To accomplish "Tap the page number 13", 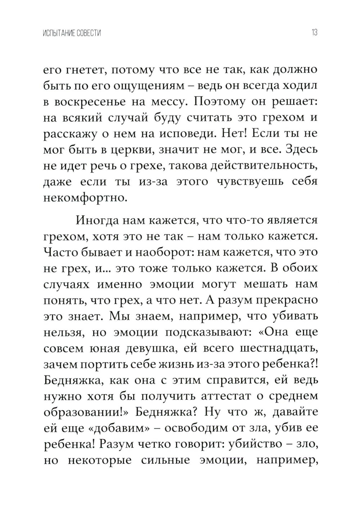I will tap(314, 33).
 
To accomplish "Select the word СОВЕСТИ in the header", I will tap(89, 33).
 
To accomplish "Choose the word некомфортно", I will tap(85, 197).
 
